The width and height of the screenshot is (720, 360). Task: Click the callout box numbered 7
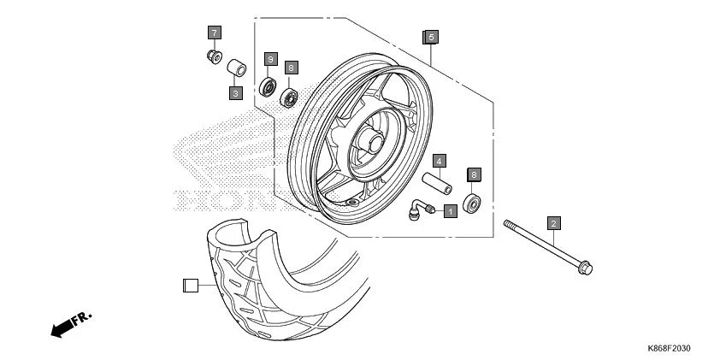214,32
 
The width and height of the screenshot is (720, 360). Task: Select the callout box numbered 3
235,92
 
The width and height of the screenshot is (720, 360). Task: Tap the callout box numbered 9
269,59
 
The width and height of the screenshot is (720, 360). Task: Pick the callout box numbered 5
431,37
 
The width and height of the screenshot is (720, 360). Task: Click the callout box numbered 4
437,160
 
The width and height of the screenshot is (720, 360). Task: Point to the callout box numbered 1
450,210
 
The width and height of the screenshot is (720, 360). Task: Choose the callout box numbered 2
553,224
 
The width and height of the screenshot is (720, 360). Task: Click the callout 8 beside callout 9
292,67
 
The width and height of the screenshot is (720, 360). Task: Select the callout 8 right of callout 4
474,174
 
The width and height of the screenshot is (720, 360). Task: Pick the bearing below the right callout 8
473,204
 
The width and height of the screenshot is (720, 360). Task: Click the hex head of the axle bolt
585,269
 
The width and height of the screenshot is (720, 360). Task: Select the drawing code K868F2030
669,348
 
